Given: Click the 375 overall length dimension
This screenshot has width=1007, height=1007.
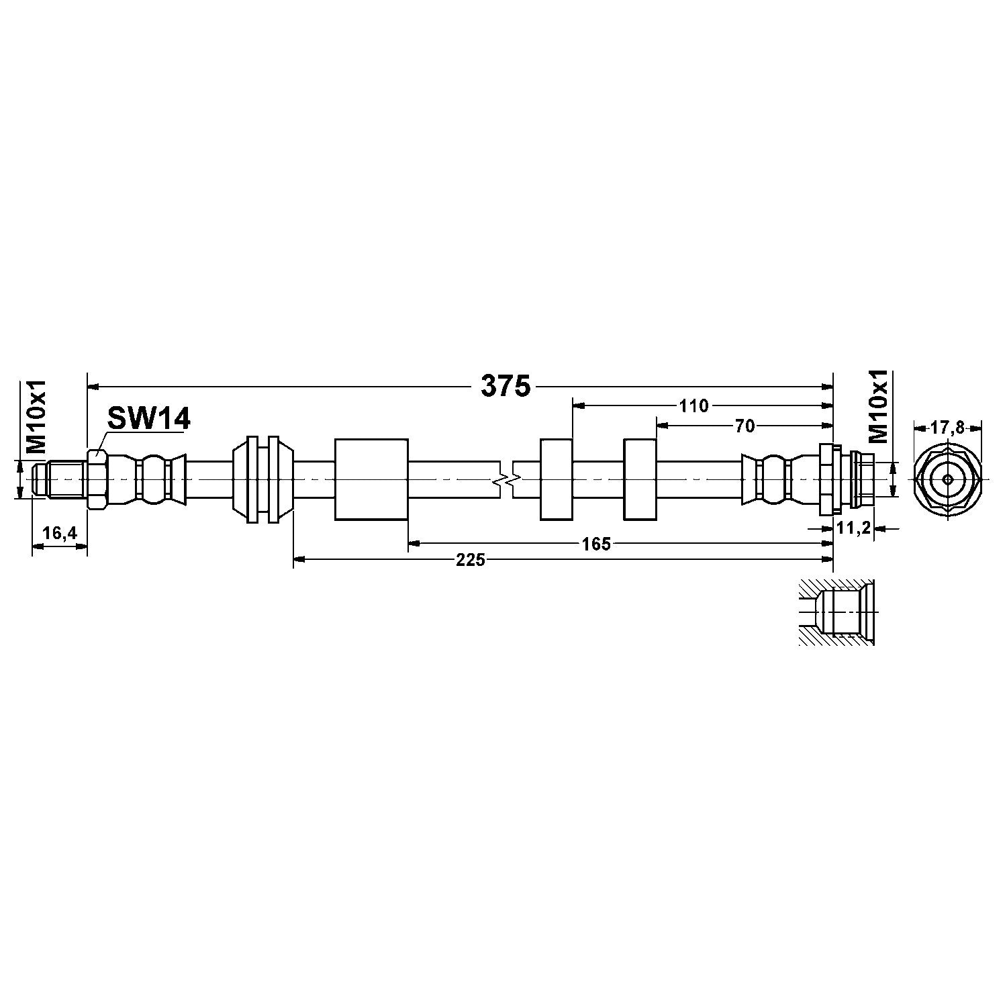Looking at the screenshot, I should click(x=506, y=387).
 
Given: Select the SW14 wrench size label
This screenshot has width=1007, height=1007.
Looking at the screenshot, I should click(x=149, y=420).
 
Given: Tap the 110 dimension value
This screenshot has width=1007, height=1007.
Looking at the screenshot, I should click(x=693, y=405).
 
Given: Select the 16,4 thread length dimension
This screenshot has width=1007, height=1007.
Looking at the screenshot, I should click(x=60, y=533).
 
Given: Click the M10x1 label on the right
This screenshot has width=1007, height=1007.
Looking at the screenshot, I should click(x=879, y=406).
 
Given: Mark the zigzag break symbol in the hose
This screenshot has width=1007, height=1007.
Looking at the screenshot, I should click(x=508, y=479).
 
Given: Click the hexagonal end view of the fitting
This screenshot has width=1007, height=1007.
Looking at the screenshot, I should click(x=947, y=479).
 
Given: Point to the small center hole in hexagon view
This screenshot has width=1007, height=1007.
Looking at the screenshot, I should click(x=947, y=479).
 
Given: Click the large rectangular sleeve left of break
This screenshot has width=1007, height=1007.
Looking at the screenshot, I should click(x=371, y=479).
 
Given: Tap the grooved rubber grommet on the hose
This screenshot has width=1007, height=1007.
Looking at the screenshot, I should click(x=262, y=479).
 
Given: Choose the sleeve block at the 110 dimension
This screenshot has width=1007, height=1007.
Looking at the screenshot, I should click(x=556, y=479).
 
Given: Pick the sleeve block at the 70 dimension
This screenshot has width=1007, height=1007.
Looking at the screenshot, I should click(x=640, y=479).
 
